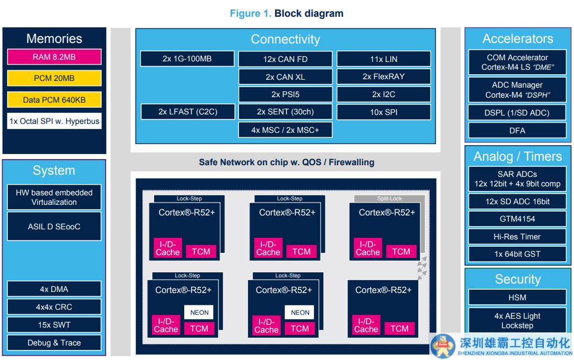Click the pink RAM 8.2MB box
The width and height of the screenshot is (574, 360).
(x=54, y=57)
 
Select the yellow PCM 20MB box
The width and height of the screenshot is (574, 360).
(x=54, y=78)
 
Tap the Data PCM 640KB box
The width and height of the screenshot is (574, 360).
(x=54, y=100)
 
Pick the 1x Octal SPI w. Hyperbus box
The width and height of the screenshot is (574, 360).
(x=54, y=121)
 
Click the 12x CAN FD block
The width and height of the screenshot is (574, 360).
(x=285, y=59)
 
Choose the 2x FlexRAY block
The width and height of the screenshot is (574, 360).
(x=383, y=76)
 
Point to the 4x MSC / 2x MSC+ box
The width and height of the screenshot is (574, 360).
(x=285, y=130)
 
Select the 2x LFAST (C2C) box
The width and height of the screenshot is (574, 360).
(x=188, y=112)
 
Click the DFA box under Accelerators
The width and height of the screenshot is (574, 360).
(x=517, y=131)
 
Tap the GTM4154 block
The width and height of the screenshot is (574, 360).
(x=517, y=219)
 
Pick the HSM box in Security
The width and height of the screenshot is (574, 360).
(x=517, y=297)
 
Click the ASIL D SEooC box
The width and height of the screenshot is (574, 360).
(x=54, y=227)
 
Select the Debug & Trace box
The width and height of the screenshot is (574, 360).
(x=54, y=343)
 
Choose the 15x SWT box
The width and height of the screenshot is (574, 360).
(x=54, y=325)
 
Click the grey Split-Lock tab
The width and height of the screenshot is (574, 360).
(x=389, y=199)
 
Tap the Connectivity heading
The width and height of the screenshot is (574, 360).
(x=285, y=39)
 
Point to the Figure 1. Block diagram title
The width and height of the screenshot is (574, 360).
(x=286, y=13)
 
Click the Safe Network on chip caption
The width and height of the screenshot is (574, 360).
(x=286, y=162)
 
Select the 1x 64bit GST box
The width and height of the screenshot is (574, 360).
(x=517, y=254)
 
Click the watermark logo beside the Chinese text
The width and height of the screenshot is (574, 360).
(x=443, y=344)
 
